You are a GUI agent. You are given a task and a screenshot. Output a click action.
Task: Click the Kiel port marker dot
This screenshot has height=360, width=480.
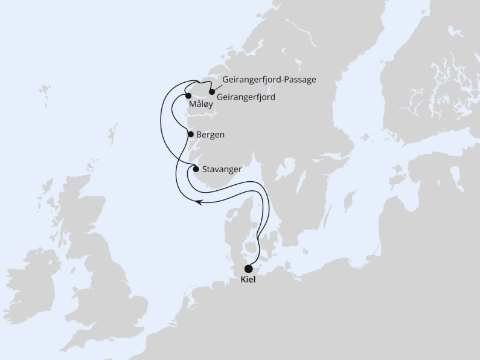[x=248, y=270]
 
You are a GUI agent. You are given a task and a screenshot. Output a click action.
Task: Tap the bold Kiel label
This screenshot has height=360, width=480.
[x=248, y=281]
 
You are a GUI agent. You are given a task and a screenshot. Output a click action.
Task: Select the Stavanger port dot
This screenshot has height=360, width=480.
[x=196, y=169]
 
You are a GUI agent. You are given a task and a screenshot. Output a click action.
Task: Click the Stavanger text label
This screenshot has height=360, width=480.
[x=222, y=169]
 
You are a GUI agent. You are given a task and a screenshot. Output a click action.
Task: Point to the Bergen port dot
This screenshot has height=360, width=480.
[x=191, y=134]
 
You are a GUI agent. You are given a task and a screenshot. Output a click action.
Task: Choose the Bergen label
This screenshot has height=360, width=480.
[x=211, y=135]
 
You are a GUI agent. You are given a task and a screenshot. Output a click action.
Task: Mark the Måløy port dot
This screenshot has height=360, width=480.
[x=188, y=95]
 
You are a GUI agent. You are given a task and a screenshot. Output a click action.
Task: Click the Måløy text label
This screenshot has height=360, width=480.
[x=202, y=104]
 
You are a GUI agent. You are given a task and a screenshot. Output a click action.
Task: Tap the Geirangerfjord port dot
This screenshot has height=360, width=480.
[x=211, y=92]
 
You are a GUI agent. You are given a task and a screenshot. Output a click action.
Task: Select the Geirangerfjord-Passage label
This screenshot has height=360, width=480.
[x=269, y=80]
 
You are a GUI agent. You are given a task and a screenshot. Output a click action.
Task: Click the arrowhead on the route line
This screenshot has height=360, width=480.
[x=201, y=203]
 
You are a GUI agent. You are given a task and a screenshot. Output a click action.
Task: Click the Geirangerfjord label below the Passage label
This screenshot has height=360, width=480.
[x=245, y=97]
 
